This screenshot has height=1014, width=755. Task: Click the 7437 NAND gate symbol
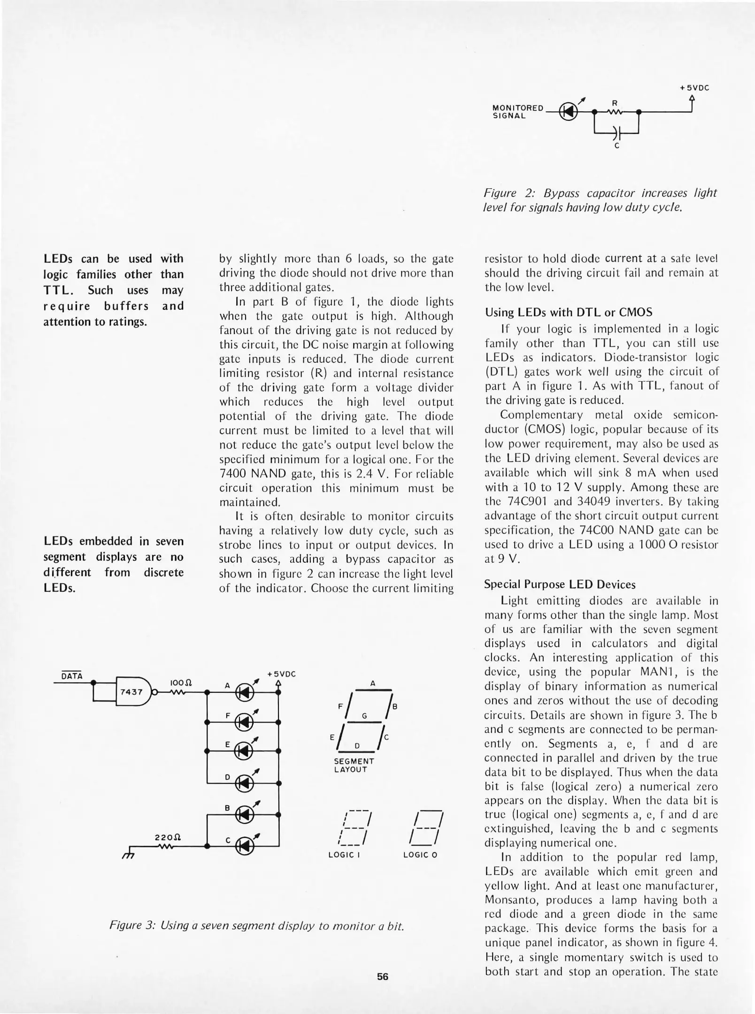click(x=133, y=691)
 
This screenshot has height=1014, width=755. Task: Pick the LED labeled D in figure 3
click(x=244, y=783)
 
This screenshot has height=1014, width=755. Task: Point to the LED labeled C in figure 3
click(x=244, y=846)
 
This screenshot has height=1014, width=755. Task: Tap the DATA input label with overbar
click(x=72, y=676)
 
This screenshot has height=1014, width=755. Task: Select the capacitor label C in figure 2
click(x=617, y=146)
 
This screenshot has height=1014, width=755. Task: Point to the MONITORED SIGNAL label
click(x=517, y=112)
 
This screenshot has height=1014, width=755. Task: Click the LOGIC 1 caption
click(x=344, y=855)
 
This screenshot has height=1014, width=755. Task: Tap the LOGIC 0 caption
click(x=420, y=855)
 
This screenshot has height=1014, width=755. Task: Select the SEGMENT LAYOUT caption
click(x=354, y=765)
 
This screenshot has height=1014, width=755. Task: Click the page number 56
click(x=383, y=976)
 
